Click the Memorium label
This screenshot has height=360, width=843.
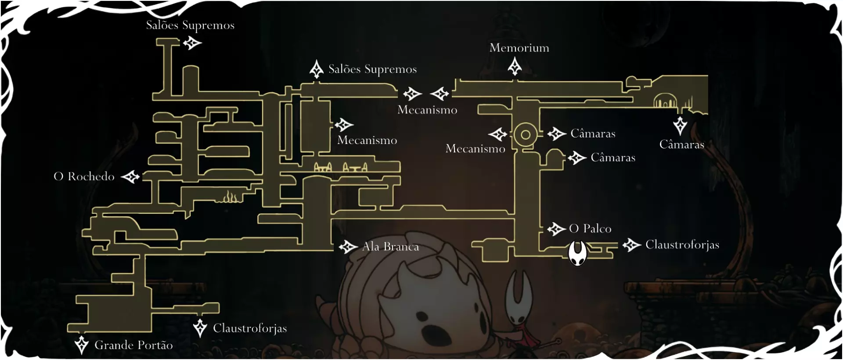[519, 48]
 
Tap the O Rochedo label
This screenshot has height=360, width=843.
[84, 176]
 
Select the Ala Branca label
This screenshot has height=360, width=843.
[390, 247]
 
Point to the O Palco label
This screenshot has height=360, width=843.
[590, 229]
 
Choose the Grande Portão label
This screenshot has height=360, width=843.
[133, 346]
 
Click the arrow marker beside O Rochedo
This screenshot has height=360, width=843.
[130, 177]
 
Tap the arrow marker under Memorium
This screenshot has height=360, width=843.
[515, 67]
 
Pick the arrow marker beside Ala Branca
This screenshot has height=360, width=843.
[348, 247]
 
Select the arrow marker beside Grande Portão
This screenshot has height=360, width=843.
[81, 345]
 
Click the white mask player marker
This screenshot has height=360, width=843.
[577, 253]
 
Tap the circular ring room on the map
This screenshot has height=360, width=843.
[525, 134]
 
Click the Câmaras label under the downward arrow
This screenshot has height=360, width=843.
[681, 145]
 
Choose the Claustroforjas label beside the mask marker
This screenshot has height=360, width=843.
[682, 245]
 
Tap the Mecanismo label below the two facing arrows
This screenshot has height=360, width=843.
[427, 110]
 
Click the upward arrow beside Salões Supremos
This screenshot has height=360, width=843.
[317, 69]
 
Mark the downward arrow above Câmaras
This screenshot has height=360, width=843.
[680, 125]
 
